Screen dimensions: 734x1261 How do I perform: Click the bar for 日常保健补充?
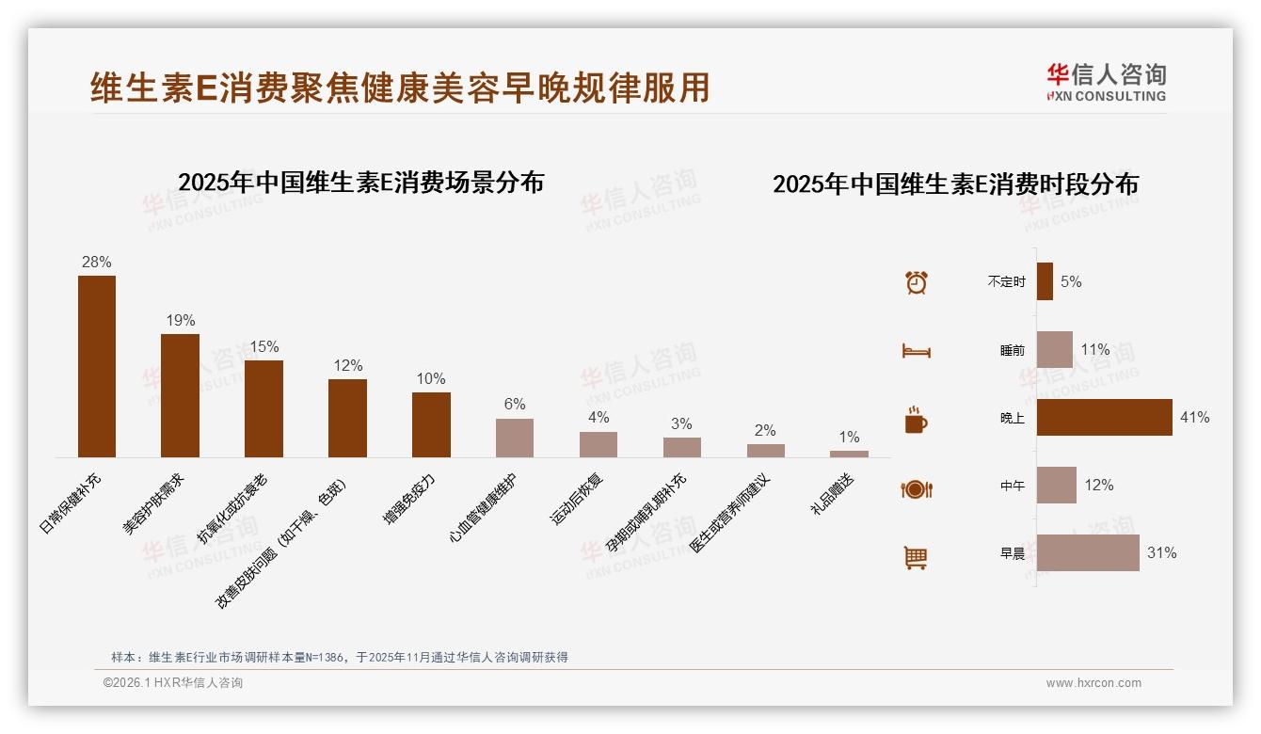(x=97, y=366)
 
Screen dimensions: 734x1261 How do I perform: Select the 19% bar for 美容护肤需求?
(x=180, y=395)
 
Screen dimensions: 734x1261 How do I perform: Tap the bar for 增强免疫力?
(x=431, y=424)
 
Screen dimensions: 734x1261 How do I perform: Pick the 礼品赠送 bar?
(x=849, y=454)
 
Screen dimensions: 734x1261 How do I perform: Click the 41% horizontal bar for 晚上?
(x=1105, y=417)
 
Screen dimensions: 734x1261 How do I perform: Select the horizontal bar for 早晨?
(x=1088, y=552)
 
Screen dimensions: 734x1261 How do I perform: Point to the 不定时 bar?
(x=1045, y=281)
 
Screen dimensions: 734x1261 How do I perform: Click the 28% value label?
(x=97, y=262)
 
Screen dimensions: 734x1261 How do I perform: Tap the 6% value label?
(x=515, y=404)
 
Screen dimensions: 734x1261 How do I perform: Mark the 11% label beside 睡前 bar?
(x=1095, y=349)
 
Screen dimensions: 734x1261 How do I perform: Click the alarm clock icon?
(x=917, y=282)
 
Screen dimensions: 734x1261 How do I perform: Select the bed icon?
(x=917, y=351)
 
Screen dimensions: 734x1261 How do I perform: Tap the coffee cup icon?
(x=917, y=420)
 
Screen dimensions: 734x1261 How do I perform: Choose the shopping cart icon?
(x=917, y=557)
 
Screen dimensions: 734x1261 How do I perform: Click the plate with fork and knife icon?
(x=917, y=488)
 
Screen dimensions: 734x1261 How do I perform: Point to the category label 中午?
(x=1013, y=486)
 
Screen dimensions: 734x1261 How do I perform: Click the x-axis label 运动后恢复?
(x=577, y=498)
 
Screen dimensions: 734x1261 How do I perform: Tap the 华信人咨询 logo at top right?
(x=1106, y=83)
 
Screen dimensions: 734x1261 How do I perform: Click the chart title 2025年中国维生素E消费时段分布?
(x=955, y=184)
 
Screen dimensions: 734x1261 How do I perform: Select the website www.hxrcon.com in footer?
(x=1093, y=683)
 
